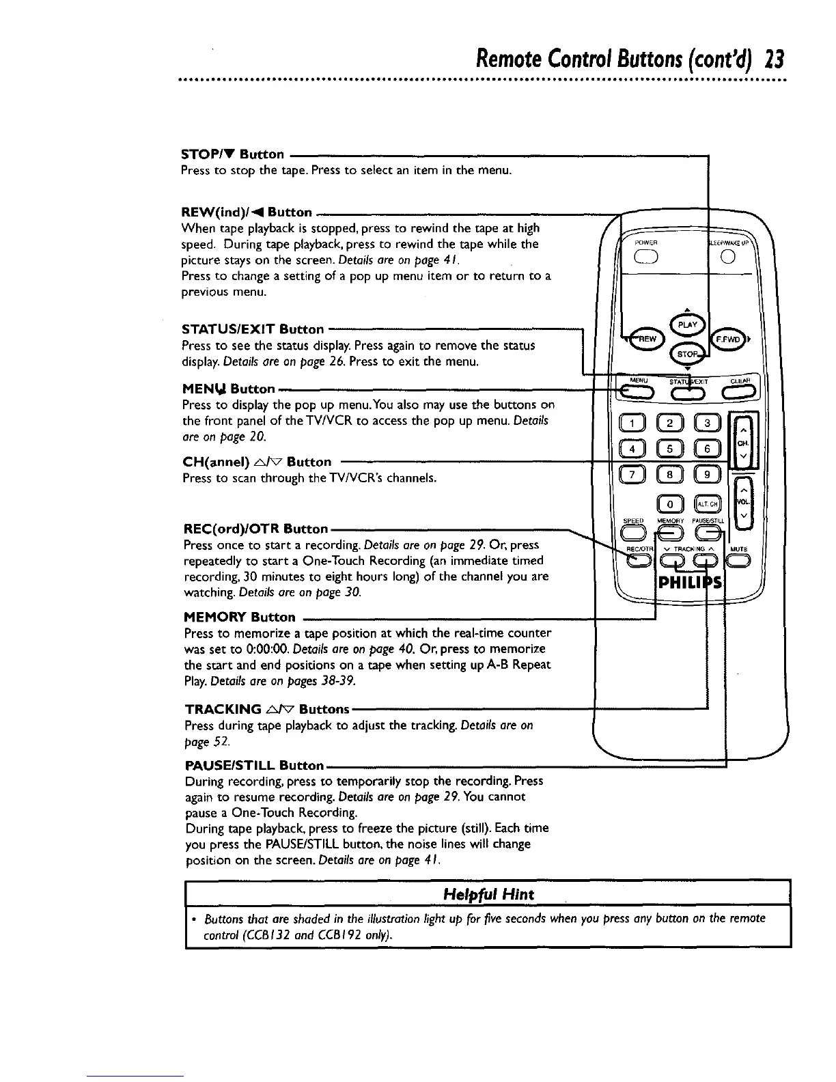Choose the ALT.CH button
point(706,505)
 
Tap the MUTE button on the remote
point(739,561)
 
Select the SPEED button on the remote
point(634,534)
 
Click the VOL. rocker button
point(743,504)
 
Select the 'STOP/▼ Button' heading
point(232,154)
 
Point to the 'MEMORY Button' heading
point(240,618)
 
